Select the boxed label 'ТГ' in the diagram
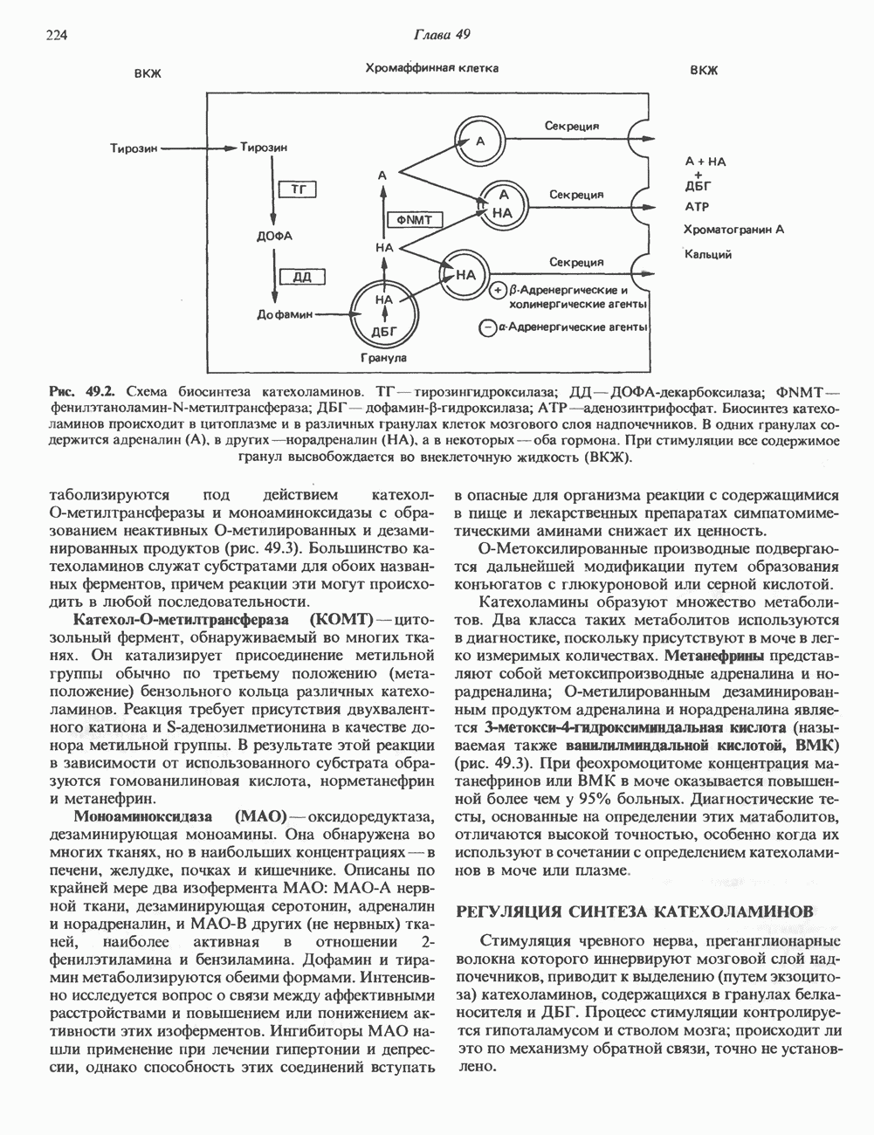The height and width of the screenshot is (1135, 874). [297, 189]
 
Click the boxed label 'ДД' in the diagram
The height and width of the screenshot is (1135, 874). [302, 277]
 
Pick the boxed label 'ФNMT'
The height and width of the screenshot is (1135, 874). [415, 219]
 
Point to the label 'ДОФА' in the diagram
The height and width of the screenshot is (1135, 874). [275, 236]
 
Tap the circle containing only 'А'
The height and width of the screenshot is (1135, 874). [479, 141]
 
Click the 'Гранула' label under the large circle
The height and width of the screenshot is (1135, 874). [384, 358]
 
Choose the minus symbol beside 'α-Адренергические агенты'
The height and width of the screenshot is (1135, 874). [485, 327]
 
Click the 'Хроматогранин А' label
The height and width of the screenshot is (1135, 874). [734, 230]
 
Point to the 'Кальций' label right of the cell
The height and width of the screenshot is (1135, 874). [708, 254]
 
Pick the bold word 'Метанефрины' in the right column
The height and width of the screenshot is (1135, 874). [714, 654]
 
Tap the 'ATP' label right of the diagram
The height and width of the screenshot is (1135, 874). [698, 207]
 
